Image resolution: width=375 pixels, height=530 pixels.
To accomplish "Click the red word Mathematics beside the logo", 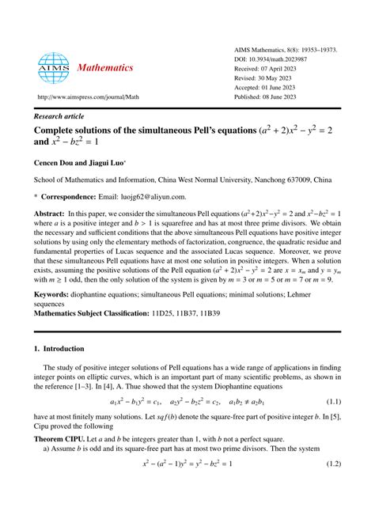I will (x=105, y=68).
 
